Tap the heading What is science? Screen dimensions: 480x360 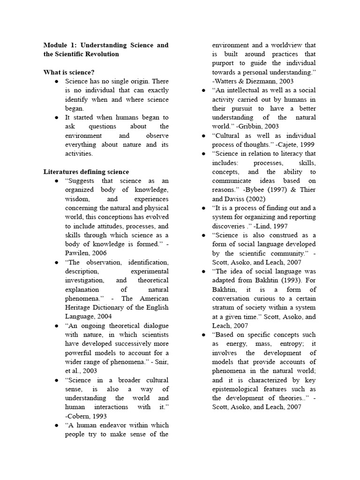(x=69, y=72)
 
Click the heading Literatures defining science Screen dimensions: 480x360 (x=86, y=172)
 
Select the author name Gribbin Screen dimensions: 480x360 (x=255, y=126)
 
